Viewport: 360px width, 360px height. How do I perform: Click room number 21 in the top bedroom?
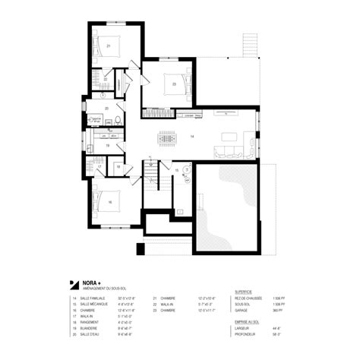coord(109,46)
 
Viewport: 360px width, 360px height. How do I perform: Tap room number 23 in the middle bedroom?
coord(174,84)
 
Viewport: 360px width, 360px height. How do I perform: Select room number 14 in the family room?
coord(192,136)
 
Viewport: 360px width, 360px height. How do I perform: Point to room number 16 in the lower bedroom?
coord(110,202)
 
